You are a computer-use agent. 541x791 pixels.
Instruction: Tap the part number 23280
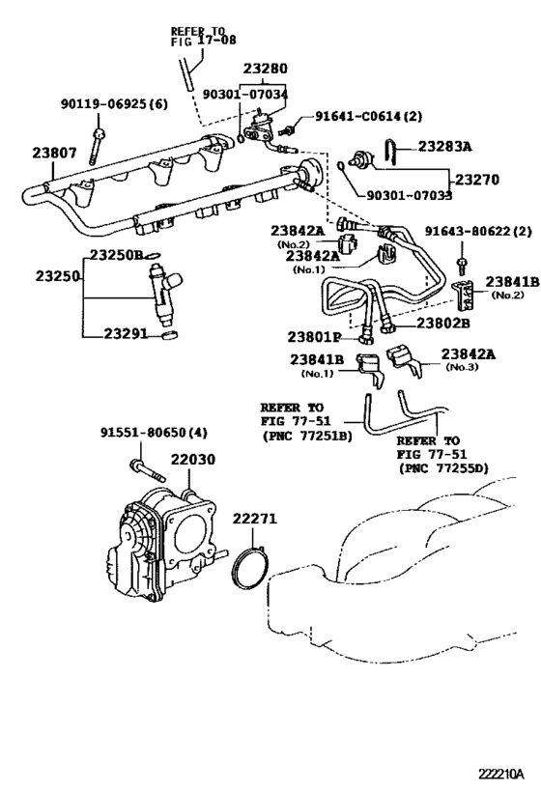pos(265,70)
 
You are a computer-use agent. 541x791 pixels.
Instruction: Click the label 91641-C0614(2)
pos(368,117)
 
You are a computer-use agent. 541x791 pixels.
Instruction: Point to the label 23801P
pos(314,337)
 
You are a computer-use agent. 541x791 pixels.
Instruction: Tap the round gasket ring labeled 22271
pos(253,571)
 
